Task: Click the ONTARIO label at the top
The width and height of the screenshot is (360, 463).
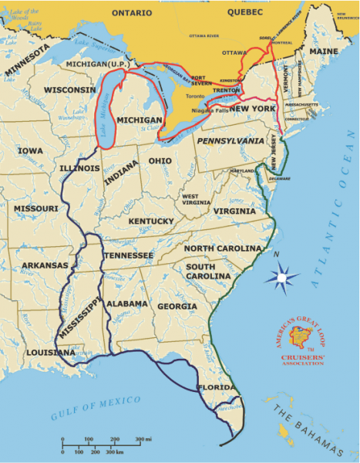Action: pyautogui.click(x=132, y=13)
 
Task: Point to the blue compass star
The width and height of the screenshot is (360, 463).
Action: pyautogui.click(x=284, y=275)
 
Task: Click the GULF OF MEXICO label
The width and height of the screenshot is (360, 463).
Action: pyautogui.click(x=96, y=406)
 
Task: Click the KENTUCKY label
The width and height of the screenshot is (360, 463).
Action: pyautogui.click(x=151, y=221)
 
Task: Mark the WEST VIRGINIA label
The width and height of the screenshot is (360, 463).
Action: pyautogui.click(x=190, y=201)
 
